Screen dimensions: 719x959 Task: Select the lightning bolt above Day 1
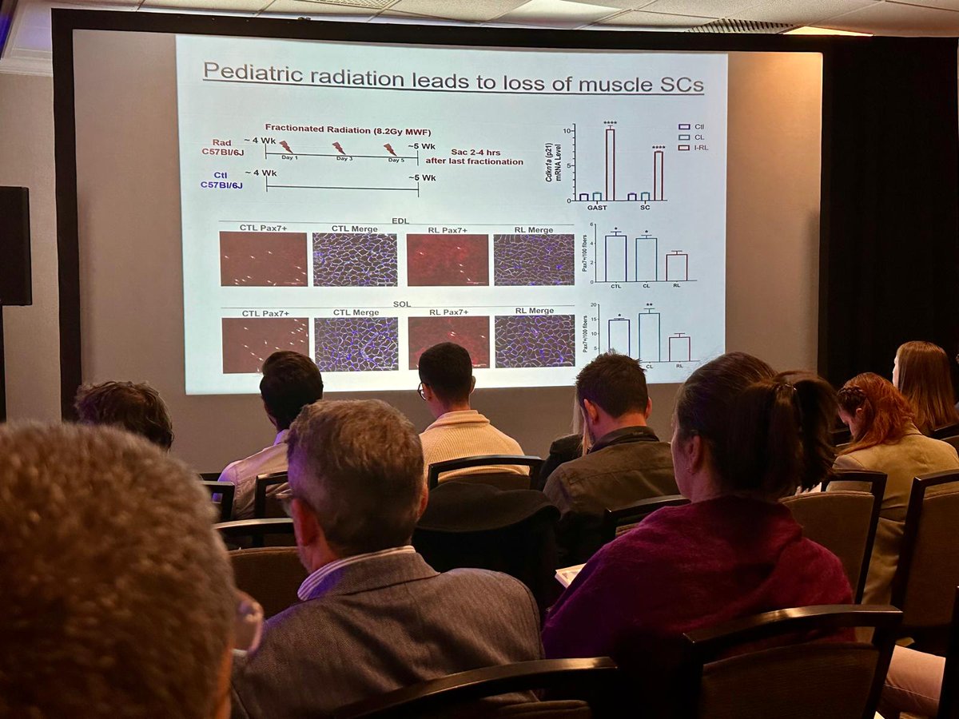[x=285, y=147]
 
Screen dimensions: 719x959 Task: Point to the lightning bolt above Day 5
[x=390, y=149]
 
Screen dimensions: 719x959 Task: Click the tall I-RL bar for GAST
[x=610, y=164]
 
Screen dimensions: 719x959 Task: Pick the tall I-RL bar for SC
[x=659, y=175]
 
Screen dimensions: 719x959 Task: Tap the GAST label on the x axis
[x=597, y=207]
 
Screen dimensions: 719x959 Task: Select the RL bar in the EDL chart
[x=677, y=267]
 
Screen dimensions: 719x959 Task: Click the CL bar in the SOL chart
[x=649, y=336]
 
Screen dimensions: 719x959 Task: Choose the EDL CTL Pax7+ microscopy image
[x=264, y=259]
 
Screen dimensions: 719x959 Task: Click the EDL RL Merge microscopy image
[x=534, y=260]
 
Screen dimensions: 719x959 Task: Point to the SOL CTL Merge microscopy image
[x=356, y=344]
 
